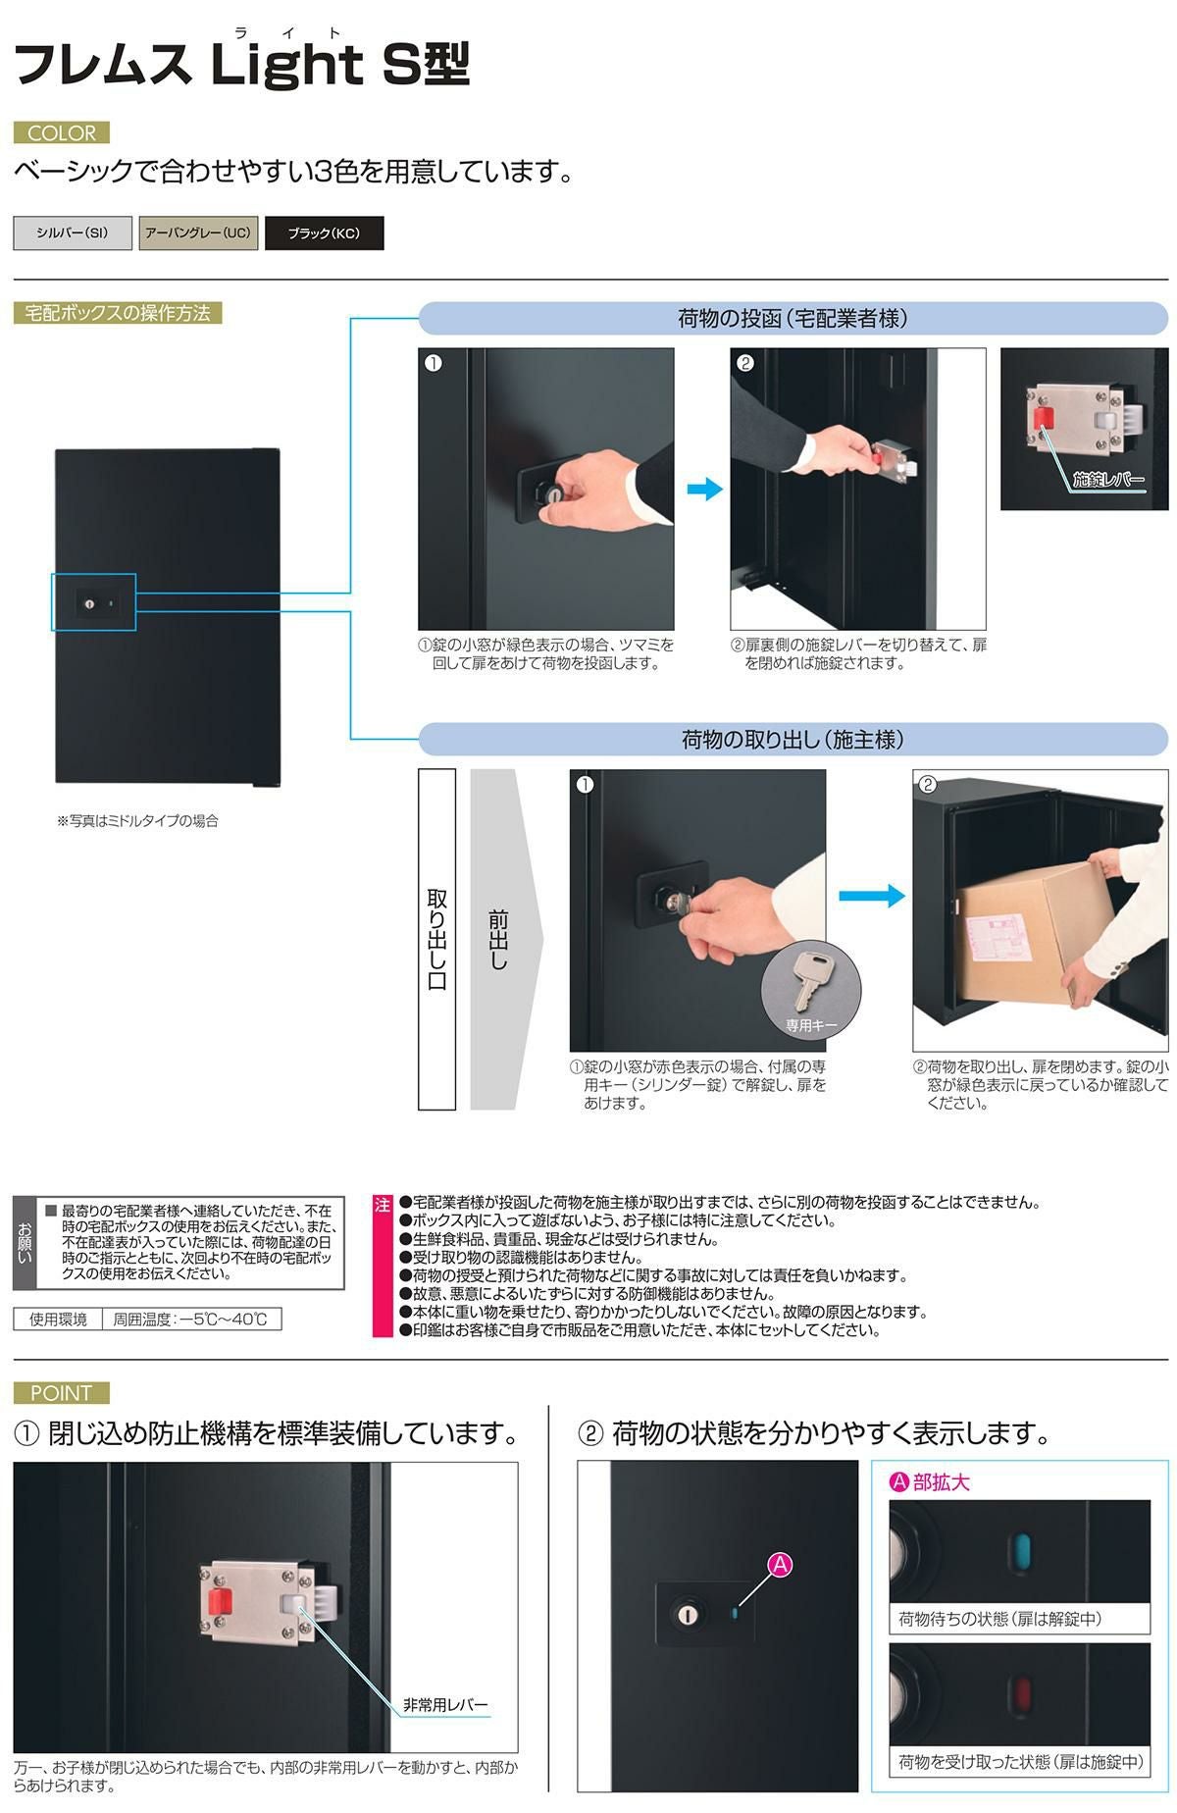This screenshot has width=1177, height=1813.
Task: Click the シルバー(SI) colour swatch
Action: (73, 233)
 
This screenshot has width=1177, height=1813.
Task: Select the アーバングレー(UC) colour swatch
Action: (198, 233)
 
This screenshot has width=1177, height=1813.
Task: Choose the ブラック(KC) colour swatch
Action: (324, 233)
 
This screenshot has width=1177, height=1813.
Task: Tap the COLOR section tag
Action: (62, 132)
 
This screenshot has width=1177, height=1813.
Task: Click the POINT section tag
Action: (62, 1392)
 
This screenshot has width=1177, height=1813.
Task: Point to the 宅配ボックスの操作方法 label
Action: (118, 313)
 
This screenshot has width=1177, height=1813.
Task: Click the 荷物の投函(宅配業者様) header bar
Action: (793, 318)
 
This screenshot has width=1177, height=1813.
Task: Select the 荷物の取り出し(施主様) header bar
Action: (793, 739)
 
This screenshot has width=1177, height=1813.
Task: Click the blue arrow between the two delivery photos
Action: (704, 489)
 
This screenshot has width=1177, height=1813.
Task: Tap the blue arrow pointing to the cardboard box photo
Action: (871, 895)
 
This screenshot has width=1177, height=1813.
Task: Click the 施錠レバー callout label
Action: (1108, 480)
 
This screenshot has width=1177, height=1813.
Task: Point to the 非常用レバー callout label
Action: (445, 1705)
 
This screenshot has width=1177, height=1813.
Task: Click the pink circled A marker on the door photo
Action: (780, 1565)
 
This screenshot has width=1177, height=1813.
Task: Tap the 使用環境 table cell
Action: (58, 1320)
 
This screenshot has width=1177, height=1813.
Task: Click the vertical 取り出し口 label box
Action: (437, 939)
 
